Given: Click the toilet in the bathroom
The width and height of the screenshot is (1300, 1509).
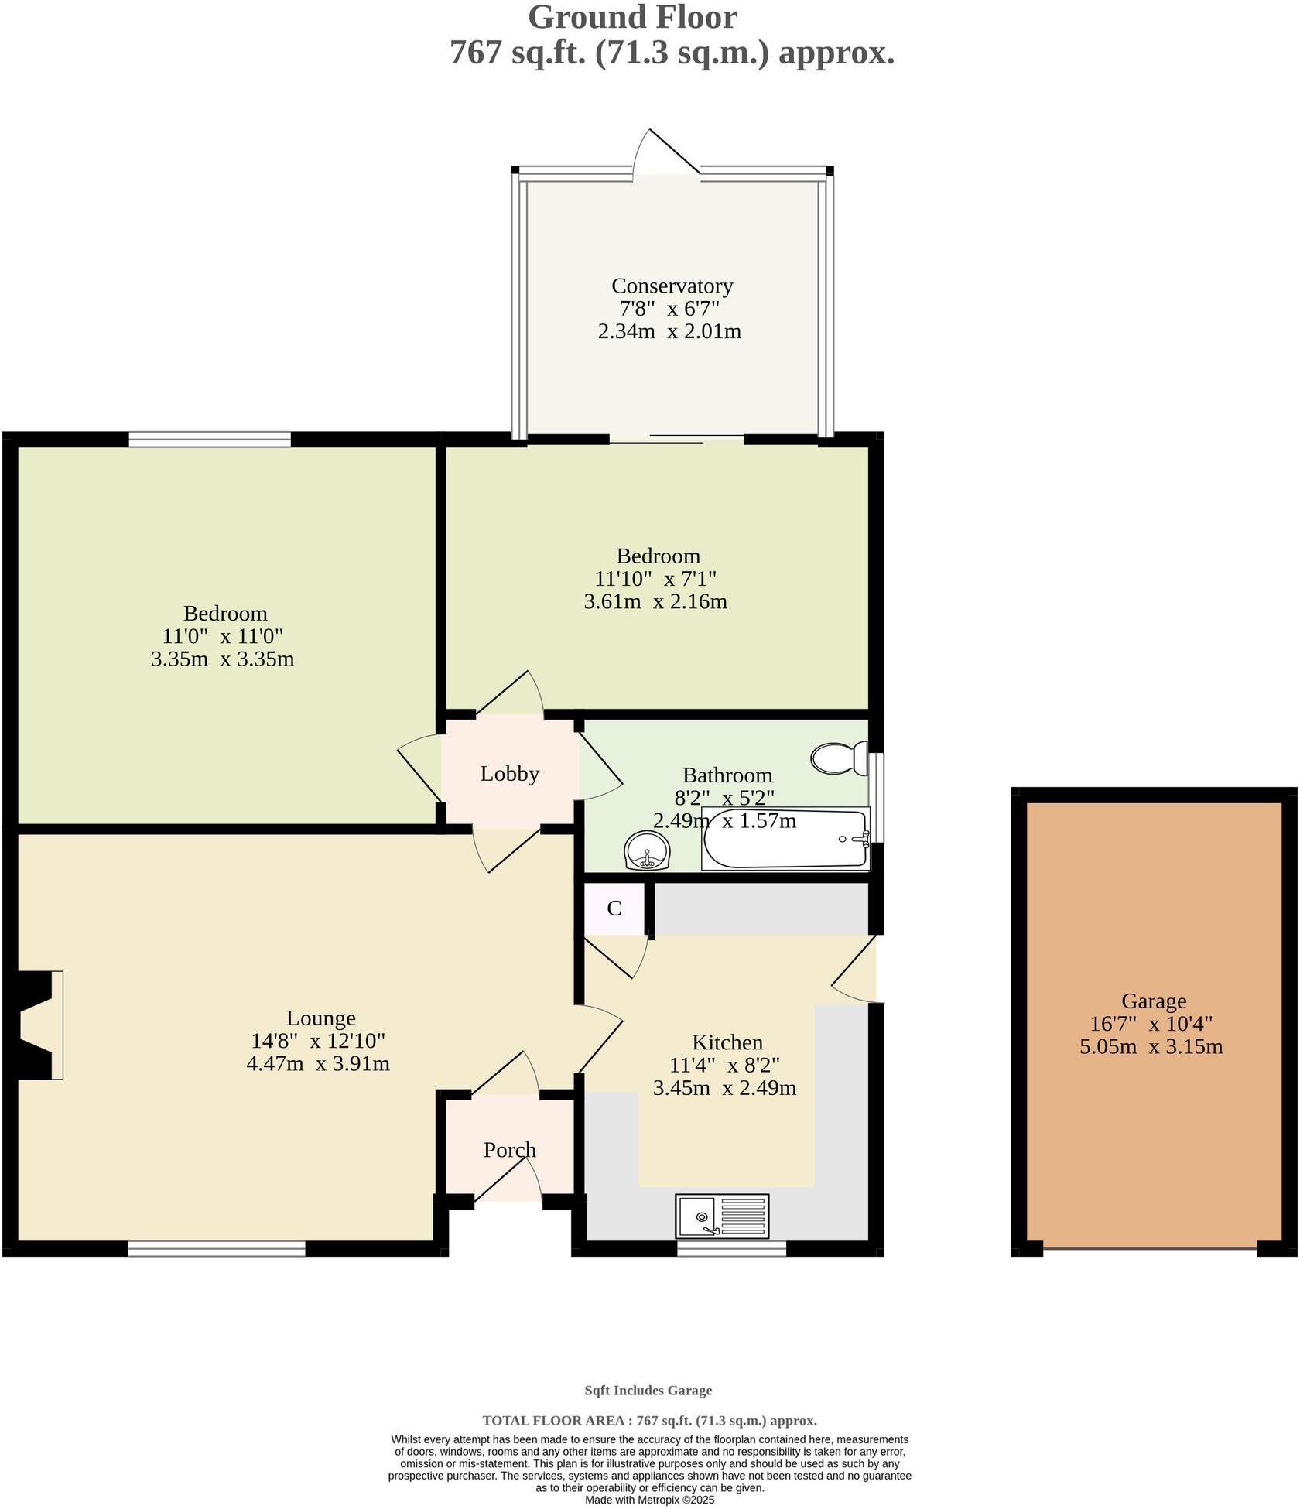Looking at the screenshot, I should pyautogui.click(x=840, y=758).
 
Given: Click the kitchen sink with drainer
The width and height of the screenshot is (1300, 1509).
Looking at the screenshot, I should pyautogui.click(x=722, y=1216).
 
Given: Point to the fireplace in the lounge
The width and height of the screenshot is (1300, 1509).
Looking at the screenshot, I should pyautogui.click(x=39, y=1025).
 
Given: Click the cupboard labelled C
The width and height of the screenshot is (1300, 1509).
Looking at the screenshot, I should pyautogui.click(x=614, y=908).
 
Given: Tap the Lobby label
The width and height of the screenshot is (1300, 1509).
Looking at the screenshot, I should pyautogui.click(x=509, y=774).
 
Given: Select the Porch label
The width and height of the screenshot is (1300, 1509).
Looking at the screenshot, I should pyautogui.click(x=509, y=1150).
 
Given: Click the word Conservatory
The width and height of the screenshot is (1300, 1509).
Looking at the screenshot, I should pyautogui.click(x=672, y=286).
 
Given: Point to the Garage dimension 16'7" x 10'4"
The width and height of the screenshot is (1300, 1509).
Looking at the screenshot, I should pyautogui.click(x=1151, y=1024).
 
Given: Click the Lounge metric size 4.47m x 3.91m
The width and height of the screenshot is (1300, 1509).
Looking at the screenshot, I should pyautogui.click(x=317, y=1064).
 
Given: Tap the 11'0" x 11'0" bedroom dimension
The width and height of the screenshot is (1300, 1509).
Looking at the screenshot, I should pyautogui.click(x=222, y=637).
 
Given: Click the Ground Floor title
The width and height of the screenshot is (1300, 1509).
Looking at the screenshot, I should pyautogui.click(x=632, y=17).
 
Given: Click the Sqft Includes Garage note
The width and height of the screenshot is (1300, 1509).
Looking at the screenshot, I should pyautogui.click(x=648, y=1391).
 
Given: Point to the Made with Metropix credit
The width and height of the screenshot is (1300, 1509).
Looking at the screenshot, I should pyautogui.click(x=649, y=1500).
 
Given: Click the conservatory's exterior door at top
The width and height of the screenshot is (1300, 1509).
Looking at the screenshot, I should pyautogui.click(x=667, y=155).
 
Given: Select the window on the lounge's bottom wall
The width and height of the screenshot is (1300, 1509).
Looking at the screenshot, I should pyautogui.click(x=217, y=1247).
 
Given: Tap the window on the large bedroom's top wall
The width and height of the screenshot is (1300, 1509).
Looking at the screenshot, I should pyautogui.click(x=210, y=440).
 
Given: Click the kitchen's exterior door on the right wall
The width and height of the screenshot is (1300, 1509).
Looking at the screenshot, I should pyautogui.click(x=857, y=969).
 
